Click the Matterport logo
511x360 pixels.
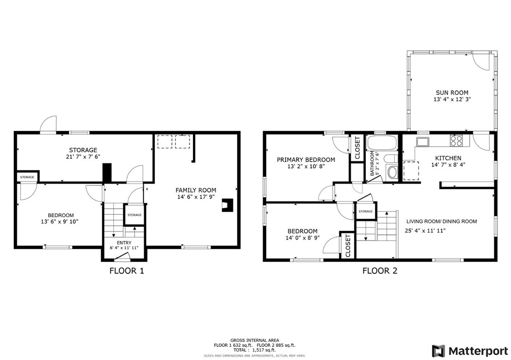466,350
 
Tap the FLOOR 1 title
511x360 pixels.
126,271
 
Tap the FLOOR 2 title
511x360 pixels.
379,271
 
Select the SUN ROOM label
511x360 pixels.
452,93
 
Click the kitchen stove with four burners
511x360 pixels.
456,140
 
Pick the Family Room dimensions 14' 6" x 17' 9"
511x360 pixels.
196,198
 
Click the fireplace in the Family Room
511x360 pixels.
229,204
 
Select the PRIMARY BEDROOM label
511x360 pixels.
306,159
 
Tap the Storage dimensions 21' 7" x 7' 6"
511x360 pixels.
83,157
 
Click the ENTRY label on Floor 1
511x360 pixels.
124,243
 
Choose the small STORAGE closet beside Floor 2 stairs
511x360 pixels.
365,212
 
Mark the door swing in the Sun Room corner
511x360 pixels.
481,62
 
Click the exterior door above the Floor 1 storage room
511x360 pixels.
48,125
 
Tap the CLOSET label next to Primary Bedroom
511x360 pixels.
357,148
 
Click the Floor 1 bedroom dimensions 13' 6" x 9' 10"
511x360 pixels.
59,221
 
